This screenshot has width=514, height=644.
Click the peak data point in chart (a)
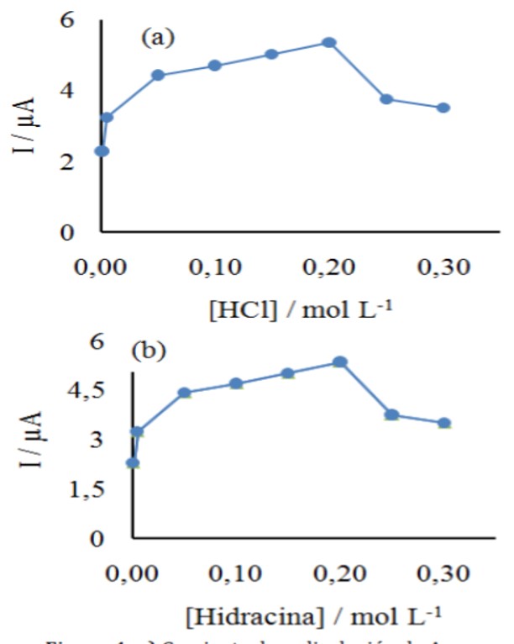329,42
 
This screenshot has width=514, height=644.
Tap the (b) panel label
149,348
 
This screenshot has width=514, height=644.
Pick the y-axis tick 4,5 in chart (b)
65,392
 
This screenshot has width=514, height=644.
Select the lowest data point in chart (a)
102,151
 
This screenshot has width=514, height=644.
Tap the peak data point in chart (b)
339,362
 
